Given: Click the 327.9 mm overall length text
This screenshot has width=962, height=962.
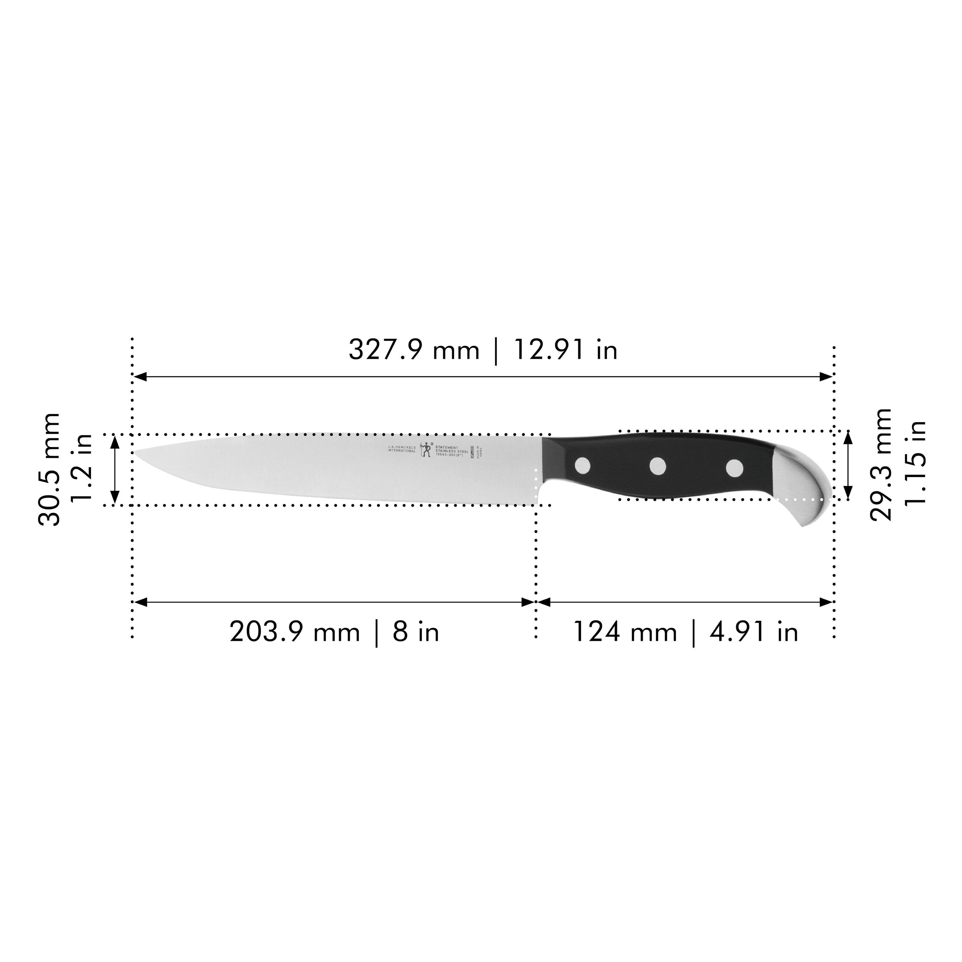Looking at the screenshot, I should tap(413, 350).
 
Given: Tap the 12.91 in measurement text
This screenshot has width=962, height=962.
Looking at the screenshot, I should tap(565, 350).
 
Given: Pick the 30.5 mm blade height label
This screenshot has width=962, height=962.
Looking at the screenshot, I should tap(49, 470).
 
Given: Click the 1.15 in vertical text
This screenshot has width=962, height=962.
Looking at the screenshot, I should tap(915, 463).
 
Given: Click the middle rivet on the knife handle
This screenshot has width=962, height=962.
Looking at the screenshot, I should tap(658, 466).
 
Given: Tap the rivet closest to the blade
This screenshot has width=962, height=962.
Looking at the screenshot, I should tap(582, 466).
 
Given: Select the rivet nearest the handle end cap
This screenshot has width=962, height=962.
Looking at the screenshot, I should tap(734, 467).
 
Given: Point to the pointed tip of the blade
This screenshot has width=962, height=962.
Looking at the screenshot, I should tap(135, 452).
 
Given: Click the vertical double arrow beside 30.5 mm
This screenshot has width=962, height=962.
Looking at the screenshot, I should tap(115, 470).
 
